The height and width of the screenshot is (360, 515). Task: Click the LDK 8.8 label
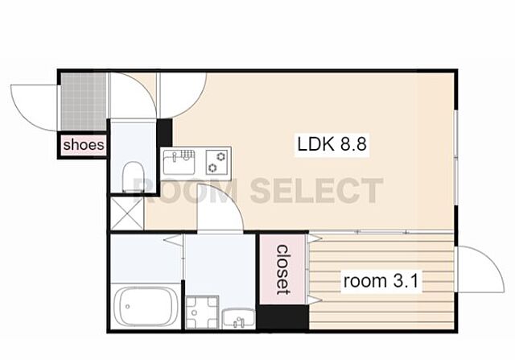[332, 144]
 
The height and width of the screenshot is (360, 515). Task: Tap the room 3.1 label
[381, 281]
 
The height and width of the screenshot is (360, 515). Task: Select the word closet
[282, 270]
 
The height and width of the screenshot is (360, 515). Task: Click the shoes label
[84, 145]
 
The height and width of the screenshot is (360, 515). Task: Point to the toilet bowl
[133, 176]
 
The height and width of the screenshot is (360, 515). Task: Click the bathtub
[146, 306]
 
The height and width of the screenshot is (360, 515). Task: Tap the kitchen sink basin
[179, 162]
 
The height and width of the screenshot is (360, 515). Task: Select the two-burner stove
[217, 162]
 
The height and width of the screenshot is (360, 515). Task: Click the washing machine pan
[202, 312]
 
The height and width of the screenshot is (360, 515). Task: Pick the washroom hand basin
[238, 319]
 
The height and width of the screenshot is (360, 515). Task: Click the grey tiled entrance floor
[84, 101]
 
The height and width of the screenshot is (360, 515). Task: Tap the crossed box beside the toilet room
[127, 213]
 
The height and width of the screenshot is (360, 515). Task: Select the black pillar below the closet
[282, 317]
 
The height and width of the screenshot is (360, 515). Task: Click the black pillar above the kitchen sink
[164, 132]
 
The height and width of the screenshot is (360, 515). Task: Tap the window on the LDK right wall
[456, 158]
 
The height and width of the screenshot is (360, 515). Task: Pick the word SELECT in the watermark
[316, 190]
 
